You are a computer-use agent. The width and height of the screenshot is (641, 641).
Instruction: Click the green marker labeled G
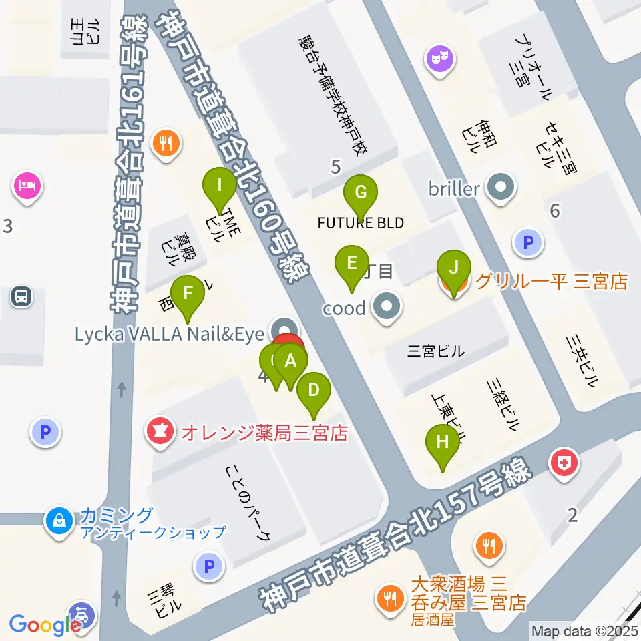(x=360, y=194)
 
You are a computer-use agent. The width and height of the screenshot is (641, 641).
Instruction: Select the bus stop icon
(x=21, y=296)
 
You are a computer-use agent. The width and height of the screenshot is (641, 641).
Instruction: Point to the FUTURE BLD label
(x=361, y=223)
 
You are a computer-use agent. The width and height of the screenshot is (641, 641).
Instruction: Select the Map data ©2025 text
(x=584, y=630)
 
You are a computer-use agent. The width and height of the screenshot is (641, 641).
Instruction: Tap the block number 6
(x=555, y=211)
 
